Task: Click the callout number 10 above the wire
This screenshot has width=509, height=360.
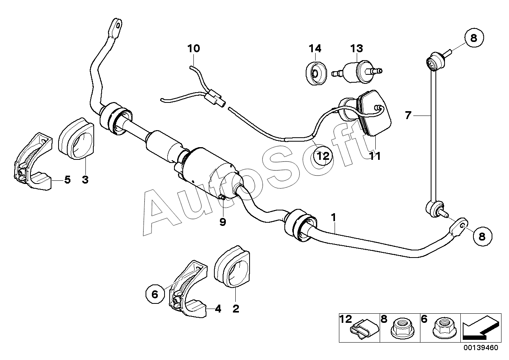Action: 194,48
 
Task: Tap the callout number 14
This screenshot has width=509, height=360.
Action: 315,48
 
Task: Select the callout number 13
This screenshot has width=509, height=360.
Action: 356,48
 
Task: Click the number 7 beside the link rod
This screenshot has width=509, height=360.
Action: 408,116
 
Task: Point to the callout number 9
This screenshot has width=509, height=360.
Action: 223,222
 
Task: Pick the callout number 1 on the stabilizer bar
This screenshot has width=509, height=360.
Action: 333,218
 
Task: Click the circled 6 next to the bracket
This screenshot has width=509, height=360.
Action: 155,294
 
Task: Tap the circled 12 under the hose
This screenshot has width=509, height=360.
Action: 323,156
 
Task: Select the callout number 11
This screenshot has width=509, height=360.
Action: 375,156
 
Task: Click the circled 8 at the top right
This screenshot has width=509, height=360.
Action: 473,38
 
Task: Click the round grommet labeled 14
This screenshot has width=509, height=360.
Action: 316,73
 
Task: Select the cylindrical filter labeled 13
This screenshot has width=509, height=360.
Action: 357,71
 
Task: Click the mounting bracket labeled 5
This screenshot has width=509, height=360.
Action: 33,161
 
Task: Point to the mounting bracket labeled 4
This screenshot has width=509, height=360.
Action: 188,289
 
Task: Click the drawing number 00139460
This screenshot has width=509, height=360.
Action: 481,354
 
